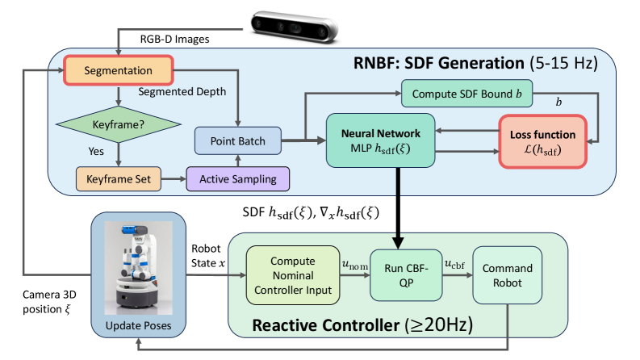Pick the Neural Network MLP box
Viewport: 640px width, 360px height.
[379, 138]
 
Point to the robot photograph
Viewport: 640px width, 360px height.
[139, 262]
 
